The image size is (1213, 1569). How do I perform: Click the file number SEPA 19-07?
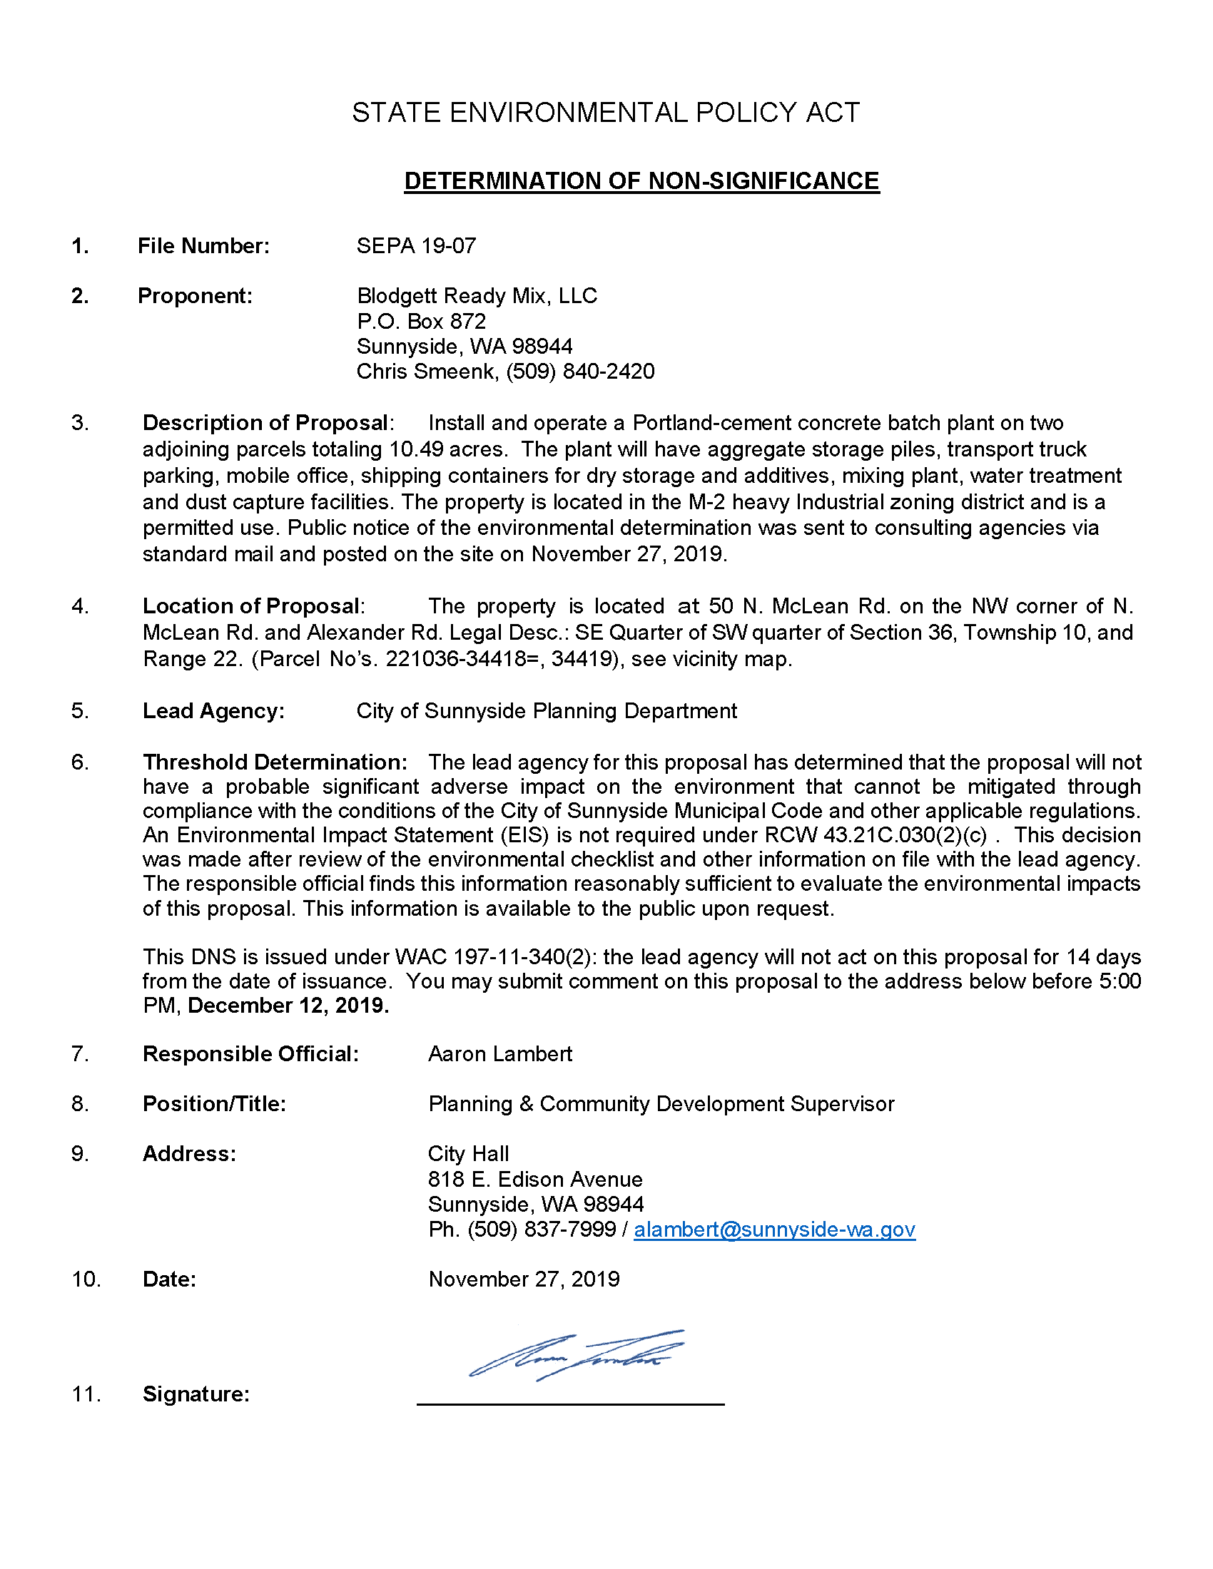point(416,246)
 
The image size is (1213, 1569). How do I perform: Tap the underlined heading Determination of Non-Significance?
point(641,180)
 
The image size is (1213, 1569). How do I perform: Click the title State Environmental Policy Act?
point(605,113)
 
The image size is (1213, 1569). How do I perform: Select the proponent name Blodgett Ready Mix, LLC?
point(477,296)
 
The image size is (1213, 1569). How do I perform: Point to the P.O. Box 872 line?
point(421,321)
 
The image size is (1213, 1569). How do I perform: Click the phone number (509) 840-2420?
point(581,372)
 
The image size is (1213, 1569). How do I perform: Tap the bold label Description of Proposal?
point(266,423)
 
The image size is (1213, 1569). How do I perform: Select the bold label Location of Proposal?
point(251,606)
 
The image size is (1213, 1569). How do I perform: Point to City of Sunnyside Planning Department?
point(546,711)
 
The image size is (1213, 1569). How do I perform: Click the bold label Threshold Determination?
point(275,762)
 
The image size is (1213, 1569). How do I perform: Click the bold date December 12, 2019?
point(288,1006)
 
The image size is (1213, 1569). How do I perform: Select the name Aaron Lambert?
point(500,1054)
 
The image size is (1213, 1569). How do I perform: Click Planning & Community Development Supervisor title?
point(661,1104)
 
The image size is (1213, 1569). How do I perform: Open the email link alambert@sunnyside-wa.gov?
point(774,1230)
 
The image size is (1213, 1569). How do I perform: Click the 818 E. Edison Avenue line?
point(534,1180)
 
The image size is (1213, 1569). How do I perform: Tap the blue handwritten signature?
point(575,1355)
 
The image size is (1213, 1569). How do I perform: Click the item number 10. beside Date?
point(86,1279)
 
